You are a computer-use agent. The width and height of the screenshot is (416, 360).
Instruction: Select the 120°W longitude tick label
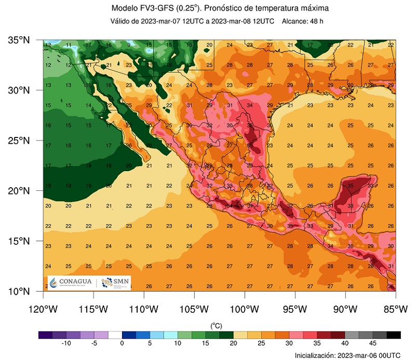pos(43,310)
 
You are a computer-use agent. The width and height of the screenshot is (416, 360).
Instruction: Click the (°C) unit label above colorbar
pos(216,325)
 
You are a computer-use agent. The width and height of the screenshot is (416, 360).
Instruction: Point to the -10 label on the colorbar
pos(66,343)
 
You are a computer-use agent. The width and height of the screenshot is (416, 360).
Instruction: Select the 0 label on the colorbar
pos(122,343)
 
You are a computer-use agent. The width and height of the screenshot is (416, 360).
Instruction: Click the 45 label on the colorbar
pos(372,343)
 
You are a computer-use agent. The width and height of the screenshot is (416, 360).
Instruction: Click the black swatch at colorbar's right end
pos(393,335)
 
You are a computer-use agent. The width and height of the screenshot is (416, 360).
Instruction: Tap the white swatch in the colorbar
pos(115,335)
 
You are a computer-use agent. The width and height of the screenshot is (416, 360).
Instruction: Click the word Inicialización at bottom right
pos(317,355)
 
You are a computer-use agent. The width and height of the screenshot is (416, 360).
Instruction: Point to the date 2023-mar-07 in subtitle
pos(159,21)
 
